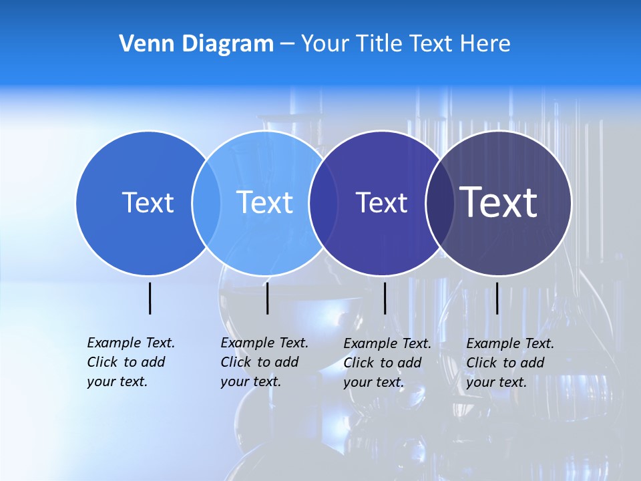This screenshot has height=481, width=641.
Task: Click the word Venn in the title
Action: pos(143,43)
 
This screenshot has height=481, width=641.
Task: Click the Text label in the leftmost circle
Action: pos(148,202)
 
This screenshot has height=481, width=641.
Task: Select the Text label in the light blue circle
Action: pos(265,202)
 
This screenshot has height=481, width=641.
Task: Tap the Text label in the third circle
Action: pos(381,203)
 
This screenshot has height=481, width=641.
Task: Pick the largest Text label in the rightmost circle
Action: pos(499,202)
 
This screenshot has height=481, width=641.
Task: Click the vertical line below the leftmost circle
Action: pos(150,298)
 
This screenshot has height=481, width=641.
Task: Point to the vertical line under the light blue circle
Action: pos(267,298)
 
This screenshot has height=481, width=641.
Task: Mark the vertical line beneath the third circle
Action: pos(385,298)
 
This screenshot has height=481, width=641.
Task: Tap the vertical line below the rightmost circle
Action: pos(497,298)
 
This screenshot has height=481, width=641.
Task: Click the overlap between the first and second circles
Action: pos(206,202)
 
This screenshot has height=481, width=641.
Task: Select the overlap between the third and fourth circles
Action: pos(438,202)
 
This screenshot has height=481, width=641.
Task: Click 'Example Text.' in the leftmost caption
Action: pos(131,343)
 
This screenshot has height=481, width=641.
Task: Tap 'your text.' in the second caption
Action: pos(250,381)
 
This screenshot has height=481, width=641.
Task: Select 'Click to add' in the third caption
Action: pos(383,363)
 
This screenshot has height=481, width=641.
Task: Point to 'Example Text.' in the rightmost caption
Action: pos(510,343)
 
